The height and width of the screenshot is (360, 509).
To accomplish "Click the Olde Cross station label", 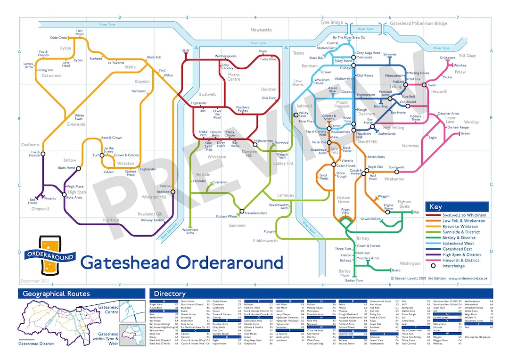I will click(x=59, y=38).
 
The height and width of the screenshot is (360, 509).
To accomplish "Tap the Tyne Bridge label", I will click(x=332, y=23).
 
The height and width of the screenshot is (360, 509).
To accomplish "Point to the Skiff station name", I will click(x=186, y=50).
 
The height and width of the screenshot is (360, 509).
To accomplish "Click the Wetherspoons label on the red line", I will click(x=225, y=56).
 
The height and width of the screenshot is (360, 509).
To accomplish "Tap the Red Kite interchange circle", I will click(x=173, y=192).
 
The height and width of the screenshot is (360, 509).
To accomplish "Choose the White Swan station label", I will click(x=79, y=117).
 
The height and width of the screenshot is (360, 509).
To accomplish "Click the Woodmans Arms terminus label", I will click(x=190, y=231).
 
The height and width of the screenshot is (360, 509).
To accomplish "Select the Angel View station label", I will click(x=345, y=211).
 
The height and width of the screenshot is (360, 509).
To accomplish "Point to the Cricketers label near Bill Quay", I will click(x=448, y=58).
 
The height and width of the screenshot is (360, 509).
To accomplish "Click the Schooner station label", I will click(x=390, y=55).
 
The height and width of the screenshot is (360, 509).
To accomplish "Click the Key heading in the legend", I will click(x=435, y=207).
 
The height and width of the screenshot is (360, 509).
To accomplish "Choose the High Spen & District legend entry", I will click(x=460, y=254).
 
